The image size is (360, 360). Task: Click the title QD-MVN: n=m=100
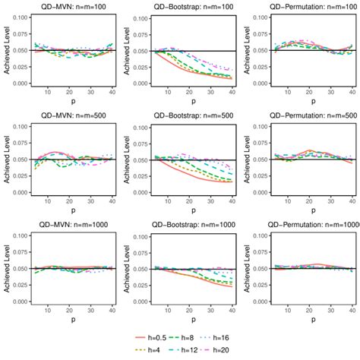(69, 5)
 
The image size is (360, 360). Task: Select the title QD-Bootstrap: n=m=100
(189, 5)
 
